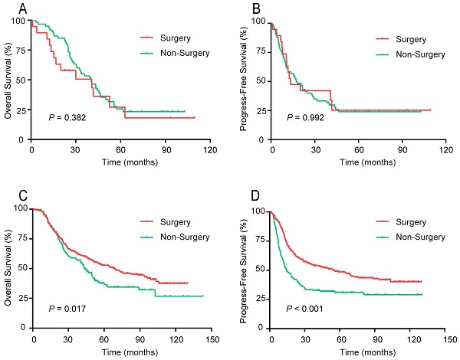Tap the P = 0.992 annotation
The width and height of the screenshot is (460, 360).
(x=305, y=118)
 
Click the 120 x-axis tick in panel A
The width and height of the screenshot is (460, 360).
(x=207, y=149)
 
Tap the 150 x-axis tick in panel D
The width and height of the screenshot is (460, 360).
(x=446, y=340)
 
